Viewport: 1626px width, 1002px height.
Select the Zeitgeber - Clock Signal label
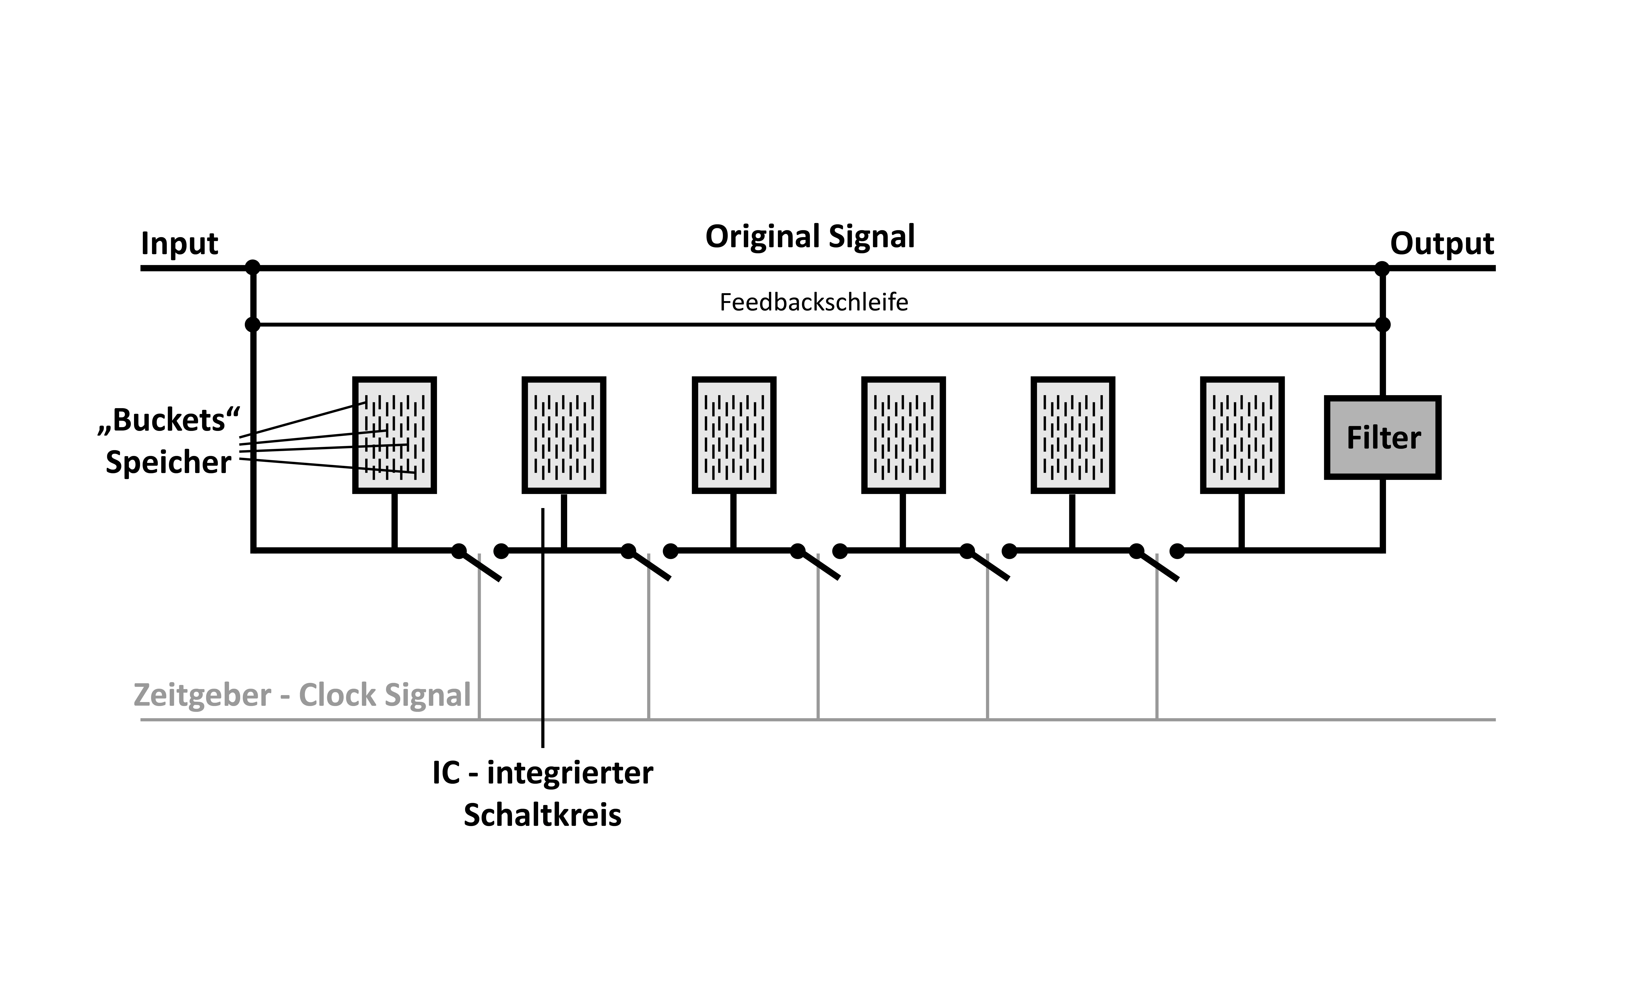302,695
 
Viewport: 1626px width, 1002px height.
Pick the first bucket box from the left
394,435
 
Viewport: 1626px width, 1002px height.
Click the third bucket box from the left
734,435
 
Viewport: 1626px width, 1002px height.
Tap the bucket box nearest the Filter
1242,435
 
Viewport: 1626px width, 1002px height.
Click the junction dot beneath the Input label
253,268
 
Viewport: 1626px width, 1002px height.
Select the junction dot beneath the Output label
1382,268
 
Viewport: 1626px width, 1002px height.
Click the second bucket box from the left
564,435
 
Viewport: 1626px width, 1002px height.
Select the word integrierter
570,773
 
